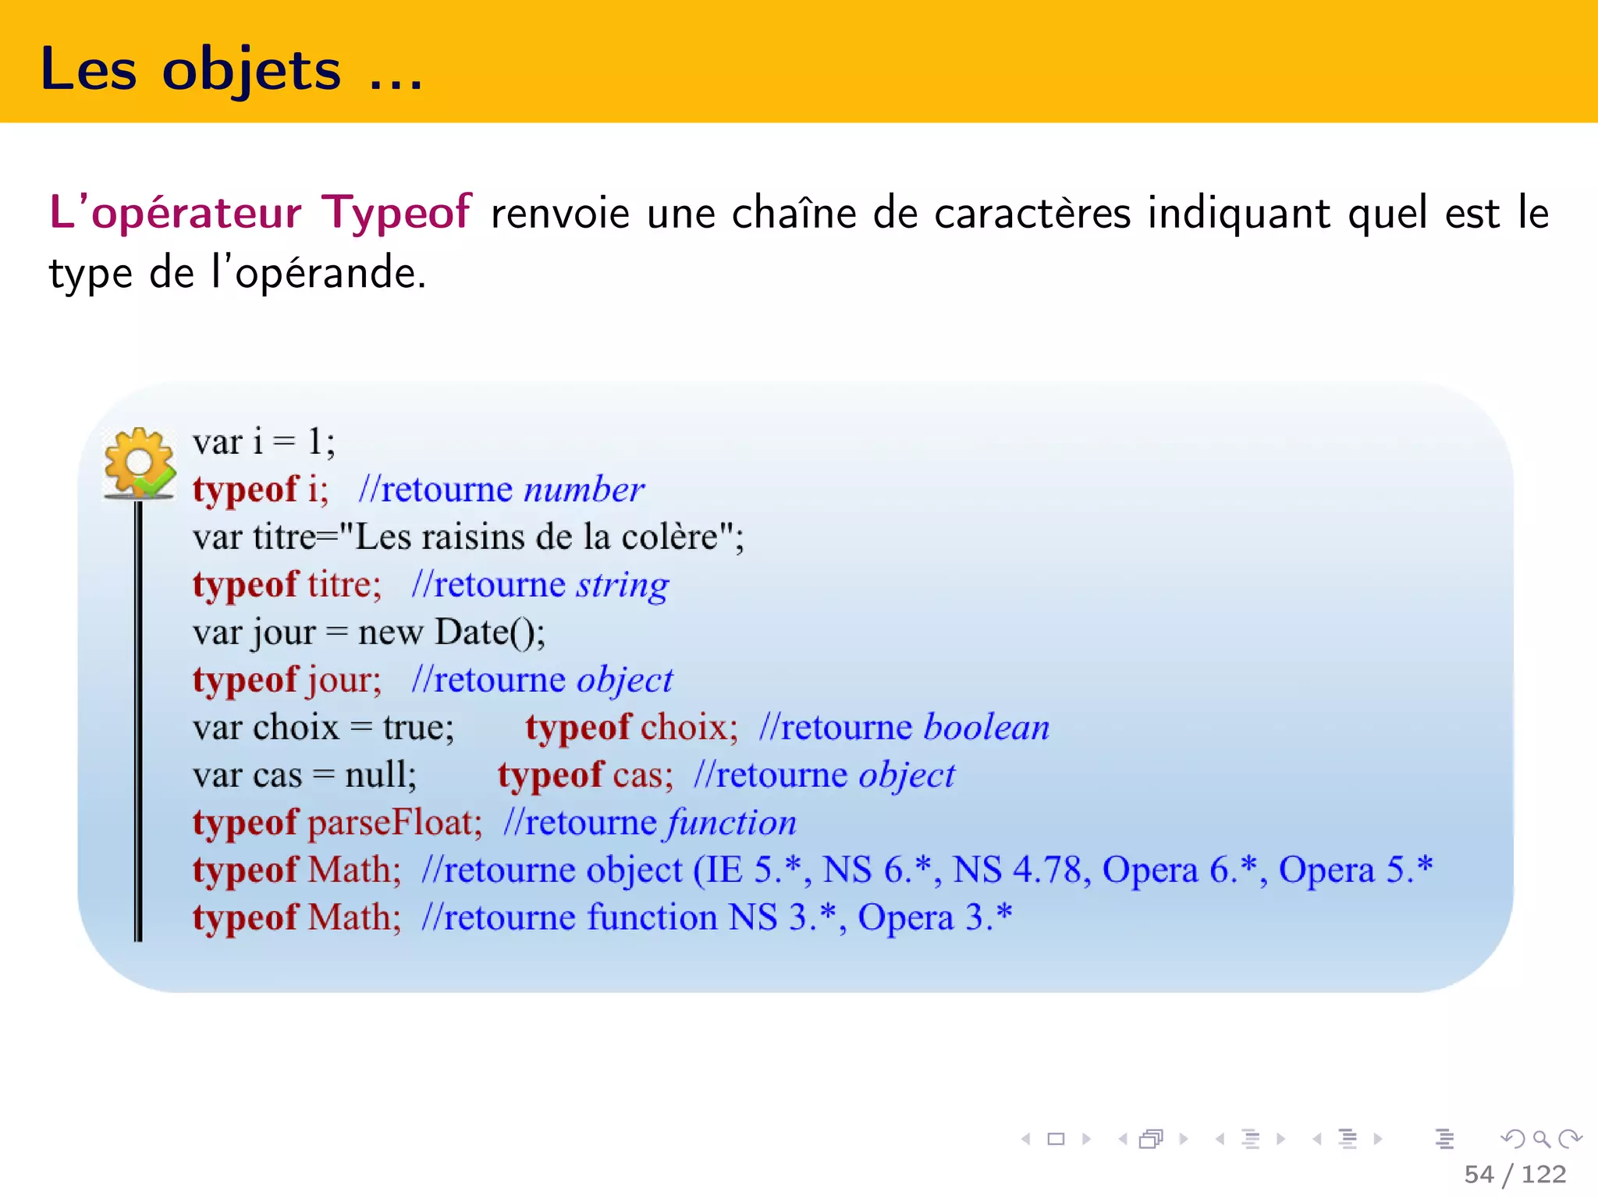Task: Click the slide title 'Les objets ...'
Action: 230,70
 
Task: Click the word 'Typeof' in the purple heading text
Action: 397,212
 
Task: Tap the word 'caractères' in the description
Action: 1032,214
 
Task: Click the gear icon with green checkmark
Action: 140,462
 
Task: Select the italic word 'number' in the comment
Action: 584,490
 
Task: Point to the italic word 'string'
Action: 622,586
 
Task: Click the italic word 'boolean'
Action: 986,727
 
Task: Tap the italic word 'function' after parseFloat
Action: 731,823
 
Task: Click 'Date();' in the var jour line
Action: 490,632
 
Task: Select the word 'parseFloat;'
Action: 395,823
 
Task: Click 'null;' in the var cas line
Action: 381,775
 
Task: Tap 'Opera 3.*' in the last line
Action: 935,917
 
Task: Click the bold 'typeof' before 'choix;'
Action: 577,728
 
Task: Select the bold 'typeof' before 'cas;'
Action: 550,775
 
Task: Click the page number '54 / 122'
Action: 1515,1174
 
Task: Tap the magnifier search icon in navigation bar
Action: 1541,1140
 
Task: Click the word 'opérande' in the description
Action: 329,274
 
